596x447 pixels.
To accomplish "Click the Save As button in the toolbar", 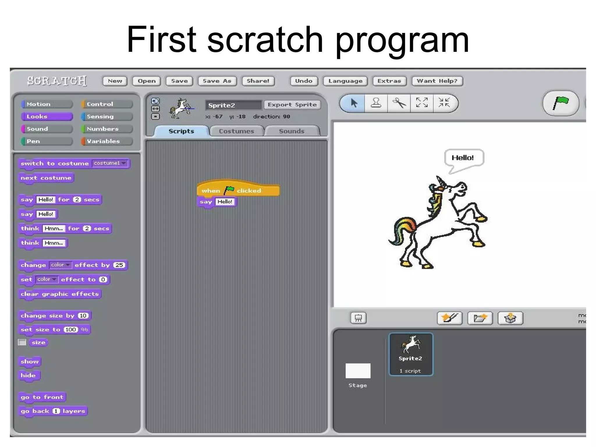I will pyautogui.click(x=217, y=81).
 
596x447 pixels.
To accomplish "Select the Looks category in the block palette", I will pyautogui.click(x=47, y=117).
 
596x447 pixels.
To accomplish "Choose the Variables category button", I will pyautogui.click(x=107, y=141).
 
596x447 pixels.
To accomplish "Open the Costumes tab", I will pyautogui.click(x=236, y=131).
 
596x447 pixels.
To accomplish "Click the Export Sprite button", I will pyautogui.click(x=292, y=105).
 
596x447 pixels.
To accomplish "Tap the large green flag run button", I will pyautogui.click(x=560, y=103).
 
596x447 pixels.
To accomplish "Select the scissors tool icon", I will pyautogui.click(x=399, y=103).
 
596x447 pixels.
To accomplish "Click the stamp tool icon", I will pyautogui.click(x=376, y=103).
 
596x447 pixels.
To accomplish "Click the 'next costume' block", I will pyautogui.click(x=46, y=178).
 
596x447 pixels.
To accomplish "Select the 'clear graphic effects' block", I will pyautogui.click(x=60, y=294).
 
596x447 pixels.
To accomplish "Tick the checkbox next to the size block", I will pyautogui.click(x=22, y=343).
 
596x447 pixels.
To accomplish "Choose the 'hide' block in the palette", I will pyautogui.click(x=28, y=375).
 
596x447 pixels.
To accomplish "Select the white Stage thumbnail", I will pyautogui.click(x=358, y=371).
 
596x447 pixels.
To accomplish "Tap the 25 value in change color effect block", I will pyautogui.click(x=119, y=265).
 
